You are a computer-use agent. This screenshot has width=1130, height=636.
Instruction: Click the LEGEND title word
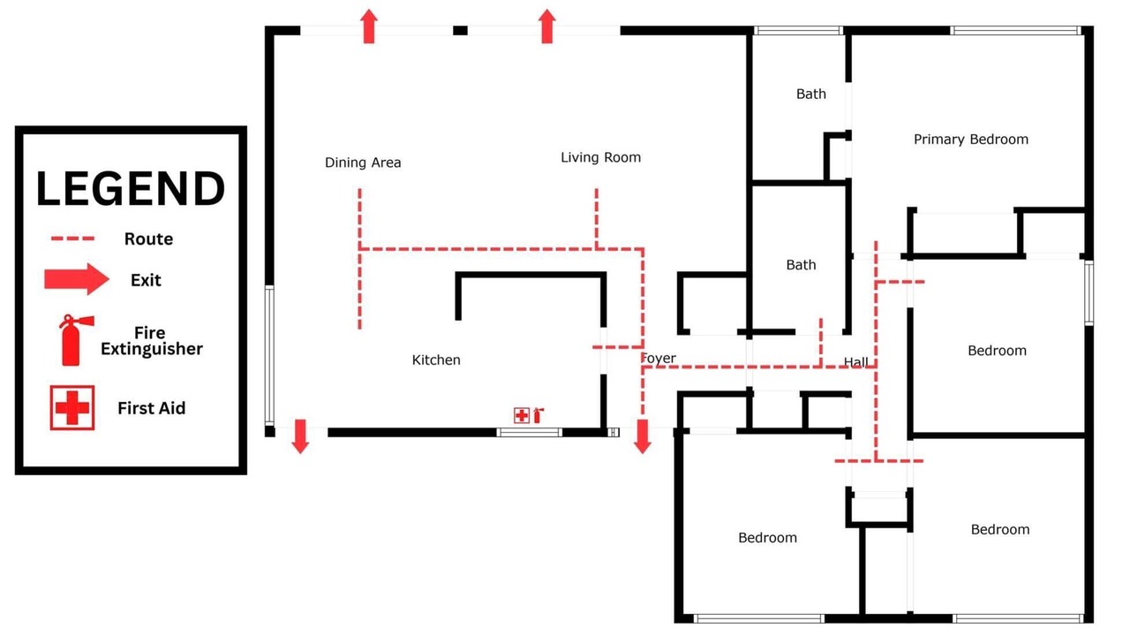tap(131, 188)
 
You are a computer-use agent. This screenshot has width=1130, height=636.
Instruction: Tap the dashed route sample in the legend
tap(72, 238)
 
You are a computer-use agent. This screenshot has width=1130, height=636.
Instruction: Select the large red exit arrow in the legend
tap(77, 279)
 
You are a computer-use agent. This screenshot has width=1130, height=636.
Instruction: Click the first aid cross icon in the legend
tap(72, 408)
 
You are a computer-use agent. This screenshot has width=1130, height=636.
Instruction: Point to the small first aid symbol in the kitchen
tap(522, 415)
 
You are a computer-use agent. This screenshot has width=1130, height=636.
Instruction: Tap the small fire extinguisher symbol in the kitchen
tap(539, 415)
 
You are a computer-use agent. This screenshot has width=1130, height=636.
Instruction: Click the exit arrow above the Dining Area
tap(369, 26)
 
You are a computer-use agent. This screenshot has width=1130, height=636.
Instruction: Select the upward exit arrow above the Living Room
tap(547, 26)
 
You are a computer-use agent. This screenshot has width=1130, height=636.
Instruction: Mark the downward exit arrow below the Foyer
tap(642, 436)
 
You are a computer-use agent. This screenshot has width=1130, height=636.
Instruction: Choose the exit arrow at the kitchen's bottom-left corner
tap(301, 436)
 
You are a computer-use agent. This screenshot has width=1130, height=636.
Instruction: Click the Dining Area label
tap(363, 163)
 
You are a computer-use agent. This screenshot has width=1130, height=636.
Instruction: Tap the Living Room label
tap(601, 157)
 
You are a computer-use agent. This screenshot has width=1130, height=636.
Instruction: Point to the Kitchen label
tap(436, 360)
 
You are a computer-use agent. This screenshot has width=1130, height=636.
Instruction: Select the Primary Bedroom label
tap(971, 140)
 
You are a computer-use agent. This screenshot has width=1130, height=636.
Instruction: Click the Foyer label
tap(659, 359)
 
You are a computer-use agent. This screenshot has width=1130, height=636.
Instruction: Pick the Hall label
tap(856, 361)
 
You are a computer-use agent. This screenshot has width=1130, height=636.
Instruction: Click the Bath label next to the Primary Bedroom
tap(811, 94)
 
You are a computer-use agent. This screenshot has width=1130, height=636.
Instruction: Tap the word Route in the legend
tap(149, 238)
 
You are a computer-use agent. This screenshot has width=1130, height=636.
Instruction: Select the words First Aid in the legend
tap(151, 408)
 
